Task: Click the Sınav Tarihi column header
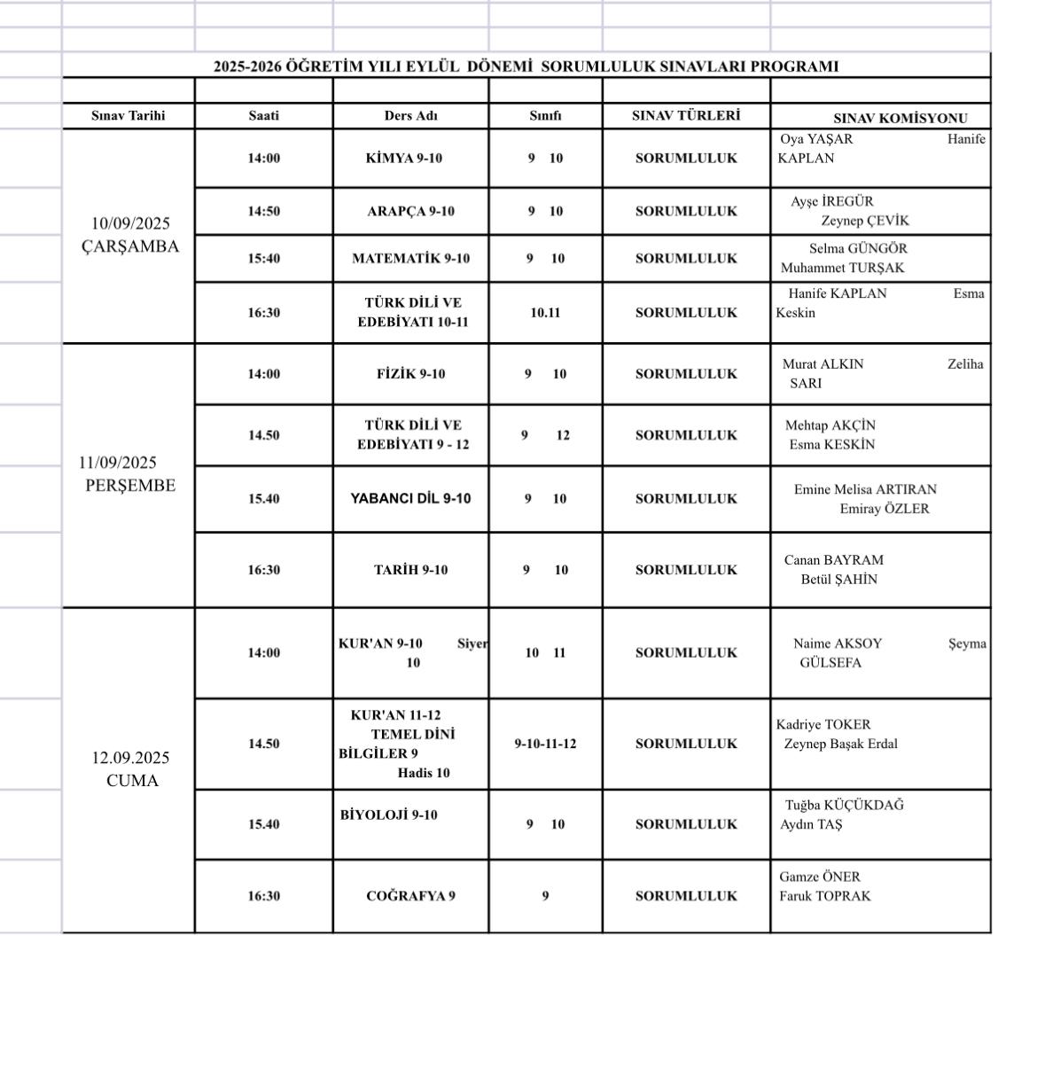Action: coord(129,116)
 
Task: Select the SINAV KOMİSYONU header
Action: coord(900,118)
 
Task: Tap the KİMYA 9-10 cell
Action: coord(404,159)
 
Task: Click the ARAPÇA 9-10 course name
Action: coord(410,212)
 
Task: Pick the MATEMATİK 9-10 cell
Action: coord(410,259)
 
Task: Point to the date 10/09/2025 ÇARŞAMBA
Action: coord(130,235)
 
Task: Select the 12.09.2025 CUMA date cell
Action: coord(131,769)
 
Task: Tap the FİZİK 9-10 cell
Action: coord(410,374)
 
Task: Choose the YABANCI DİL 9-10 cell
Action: coord(410,499)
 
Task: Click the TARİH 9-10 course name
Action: coord(410,570)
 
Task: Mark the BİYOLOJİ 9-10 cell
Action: coord(388,815)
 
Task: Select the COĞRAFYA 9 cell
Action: coord(410,896)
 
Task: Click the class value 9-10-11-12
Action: coord(545,744)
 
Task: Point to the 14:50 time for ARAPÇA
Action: coord(263,212)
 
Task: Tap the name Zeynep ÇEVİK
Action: coord(864,222)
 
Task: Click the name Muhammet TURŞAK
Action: coord(842,268)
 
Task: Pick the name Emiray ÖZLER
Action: coord(885,509)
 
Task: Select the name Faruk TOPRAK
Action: coord(824,896)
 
